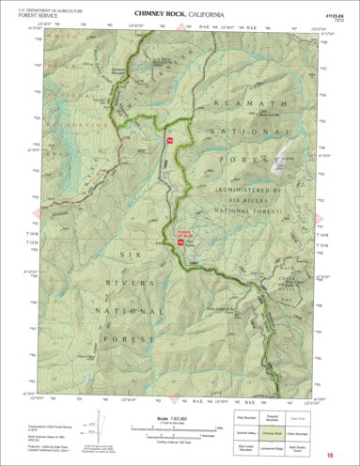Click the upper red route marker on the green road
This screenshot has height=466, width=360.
click(x=170, y=140)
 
